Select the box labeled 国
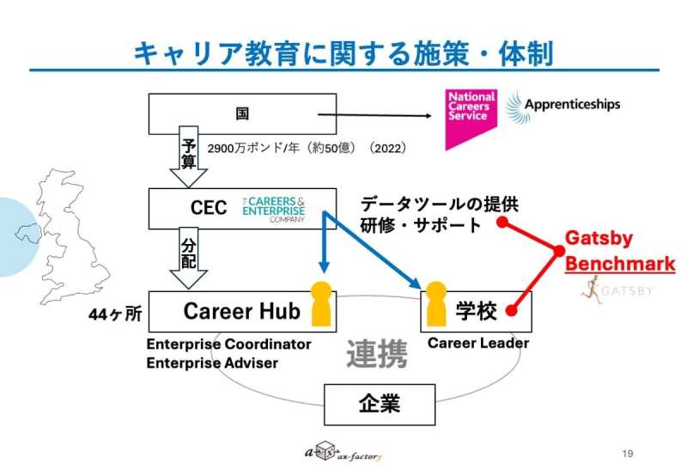point(242,113)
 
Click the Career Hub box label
point(242,311)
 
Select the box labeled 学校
point(476,311)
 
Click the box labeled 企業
point(379,401)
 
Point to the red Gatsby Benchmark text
point(618,250)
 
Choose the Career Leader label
point(477,343)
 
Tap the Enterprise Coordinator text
point(228,345)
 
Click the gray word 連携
point(377,353)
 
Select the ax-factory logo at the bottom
point(343,453)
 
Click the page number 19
point(627,453)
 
